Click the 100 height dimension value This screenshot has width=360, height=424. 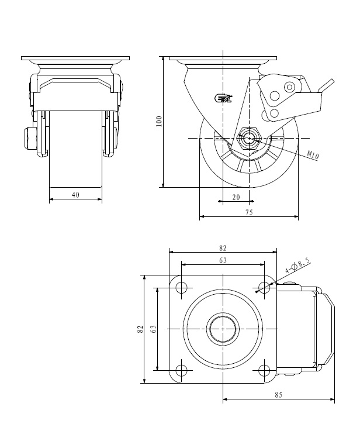[x=159, y=121]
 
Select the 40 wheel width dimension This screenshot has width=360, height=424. [x=75, y=195]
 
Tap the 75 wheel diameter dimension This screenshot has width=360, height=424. [x=249, y=212]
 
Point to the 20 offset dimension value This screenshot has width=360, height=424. [x=236, y=197]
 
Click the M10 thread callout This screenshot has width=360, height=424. [x=313, y=154]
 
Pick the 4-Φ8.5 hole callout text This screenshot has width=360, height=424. [x=297, y=266]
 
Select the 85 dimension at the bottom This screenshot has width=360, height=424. [x=278, y=395]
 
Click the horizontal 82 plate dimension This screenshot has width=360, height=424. [x=223, y=248]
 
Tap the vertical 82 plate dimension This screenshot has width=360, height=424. [x=140, y=329]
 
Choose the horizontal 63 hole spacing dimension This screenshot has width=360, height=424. [x=223, y=260]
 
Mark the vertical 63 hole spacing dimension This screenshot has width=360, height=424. [x=153, y=329]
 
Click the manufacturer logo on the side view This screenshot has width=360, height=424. [x=223, y=98]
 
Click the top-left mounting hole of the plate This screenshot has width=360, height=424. [x=182, y=288]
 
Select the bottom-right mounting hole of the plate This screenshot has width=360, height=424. [x=264, y=370]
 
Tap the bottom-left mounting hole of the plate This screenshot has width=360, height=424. [x=182, y=370]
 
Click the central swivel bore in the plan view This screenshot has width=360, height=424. [x=223, y=329]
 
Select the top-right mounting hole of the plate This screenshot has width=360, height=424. [x=264, y=288]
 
